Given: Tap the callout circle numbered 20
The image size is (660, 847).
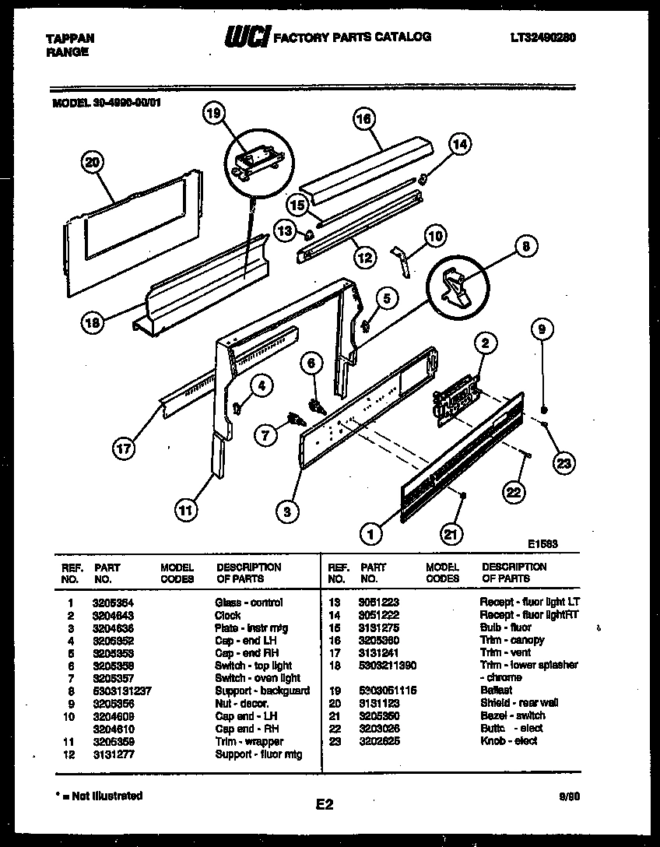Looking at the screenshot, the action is (x=93, y=162).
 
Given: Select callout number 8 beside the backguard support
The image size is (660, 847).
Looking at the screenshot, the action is (x=525, y=247).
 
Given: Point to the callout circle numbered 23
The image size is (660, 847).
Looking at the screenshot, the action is (x=563, y=463).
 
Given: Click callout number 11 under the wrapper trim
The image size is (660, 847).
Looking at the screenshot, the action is (x=184, y=511).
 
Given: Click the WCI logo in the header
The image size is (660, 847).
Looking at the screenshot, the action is (x=247, y=37).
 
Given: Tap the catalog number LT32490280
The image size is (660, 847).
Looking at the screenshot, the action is (x=543, y=37).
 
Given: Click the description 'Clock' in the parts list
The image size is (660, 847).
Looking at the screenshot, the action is (x=228, y=615).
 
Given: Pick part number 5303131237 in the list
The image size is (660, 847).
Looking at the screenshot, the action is (x=122, y=691).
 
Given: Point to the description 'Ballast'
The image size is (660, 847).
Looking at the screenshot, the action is (x=497, y=691).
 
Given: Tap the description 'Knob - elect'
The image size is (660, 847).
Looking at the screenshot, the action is (x=509, y=741).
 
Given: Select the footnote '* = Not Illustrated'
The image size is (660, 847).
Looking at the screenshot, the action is (x=100, y=796).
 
